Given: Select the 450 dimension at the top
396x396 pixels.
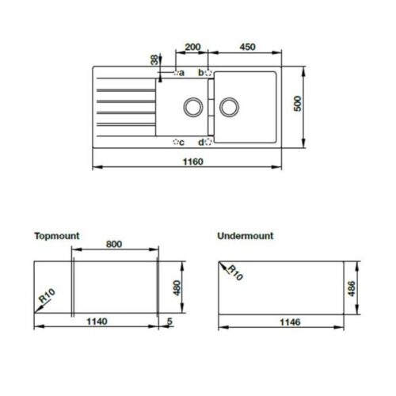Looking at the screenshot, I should tap(246, 46).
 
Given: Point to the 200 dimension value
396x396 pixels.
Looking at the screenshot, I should tap(191, 46).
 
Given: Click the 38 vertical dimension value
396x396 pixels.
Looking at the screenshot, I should tap(153, 61).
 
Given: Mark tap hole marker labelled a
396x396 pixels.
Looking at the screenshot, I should tap(176, 74).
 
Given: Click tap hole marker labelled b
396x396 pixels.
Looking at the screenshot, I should tap(208, 74).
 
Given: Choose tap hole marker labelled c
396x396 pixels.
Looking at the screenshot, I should tap(176, 143).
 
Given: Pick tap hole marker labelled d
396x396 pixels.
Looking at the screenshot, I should tap(208, 143).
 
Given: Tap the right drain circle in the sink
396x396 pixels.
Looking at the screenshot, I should tap(229, 106).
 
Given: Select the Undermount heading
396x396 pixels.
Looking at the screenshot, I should tap(245, 236).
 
